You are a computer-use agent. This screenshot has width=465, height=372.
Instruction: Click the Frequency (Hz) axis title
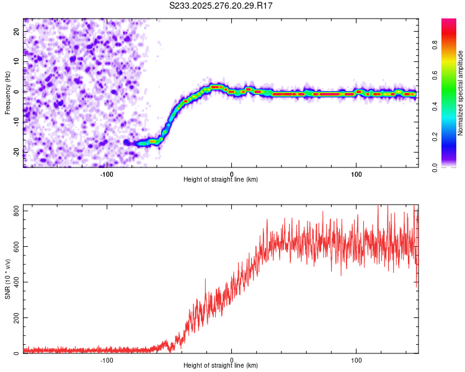7,92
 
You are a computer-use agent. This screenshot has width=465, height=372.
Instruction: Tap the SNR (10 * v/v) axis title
7,279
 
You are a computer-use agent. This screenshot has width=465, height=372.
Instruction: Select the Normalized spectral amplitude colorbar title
461,92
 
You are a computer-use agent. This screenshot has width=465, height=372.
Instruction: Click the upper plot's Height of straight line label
221,179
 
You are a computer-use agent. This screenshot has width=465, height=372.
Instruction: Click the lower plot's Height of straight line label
221,365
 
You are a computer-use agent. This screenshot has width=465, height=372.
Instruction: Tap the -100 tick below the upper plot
107,173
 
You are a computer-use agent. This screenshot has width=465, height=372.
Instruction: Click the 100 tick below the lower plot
356,359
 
